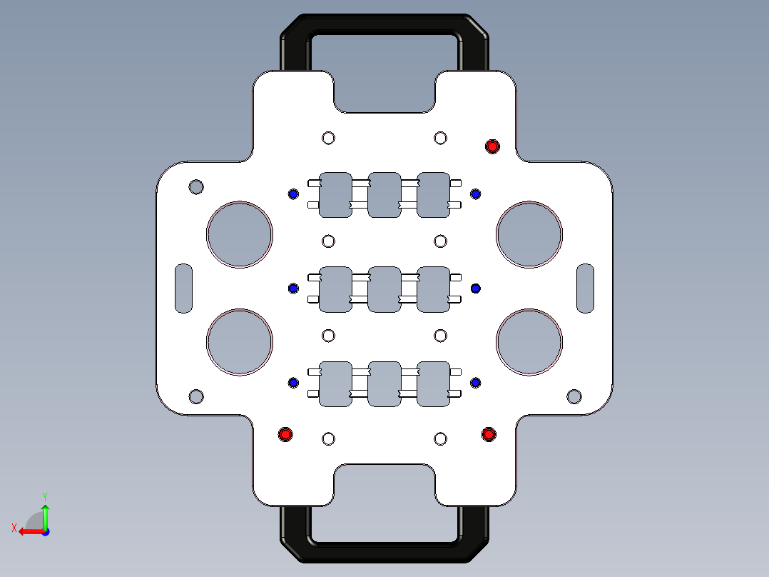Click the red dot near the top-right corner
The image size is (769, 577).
point(492,146)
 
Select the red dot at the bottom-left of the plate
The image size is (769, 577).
point(285,434)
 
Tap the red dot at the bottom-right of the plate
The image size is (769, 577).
point(489,434)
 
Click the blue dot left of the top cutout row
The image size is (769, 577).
point(293,194)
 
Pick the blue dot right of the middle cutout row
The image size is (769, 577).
point(476,288)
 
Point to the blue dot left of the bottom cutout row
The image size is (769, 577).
point(293,383)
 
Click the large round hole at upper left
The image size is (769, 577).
point(240,235)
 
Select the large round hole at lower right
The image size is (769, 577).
point(529,342)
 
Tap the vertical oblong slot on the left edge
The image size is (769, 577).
point(184,288)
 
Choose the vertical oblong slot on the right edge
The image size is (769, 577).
point(585,288)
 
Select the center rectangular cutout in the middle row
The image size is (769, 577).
point(384,289)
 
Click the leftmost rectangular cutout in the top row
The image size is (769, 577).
point(335,194)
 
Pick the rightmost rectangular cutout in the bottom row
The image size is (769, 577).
point(433,384)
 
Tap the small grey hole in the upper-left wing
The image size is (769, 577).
point(196,187)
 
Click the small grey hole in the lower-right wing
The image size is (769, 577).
point(574,396)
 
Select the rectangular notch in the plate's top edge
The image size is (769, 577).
point(384,93)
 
